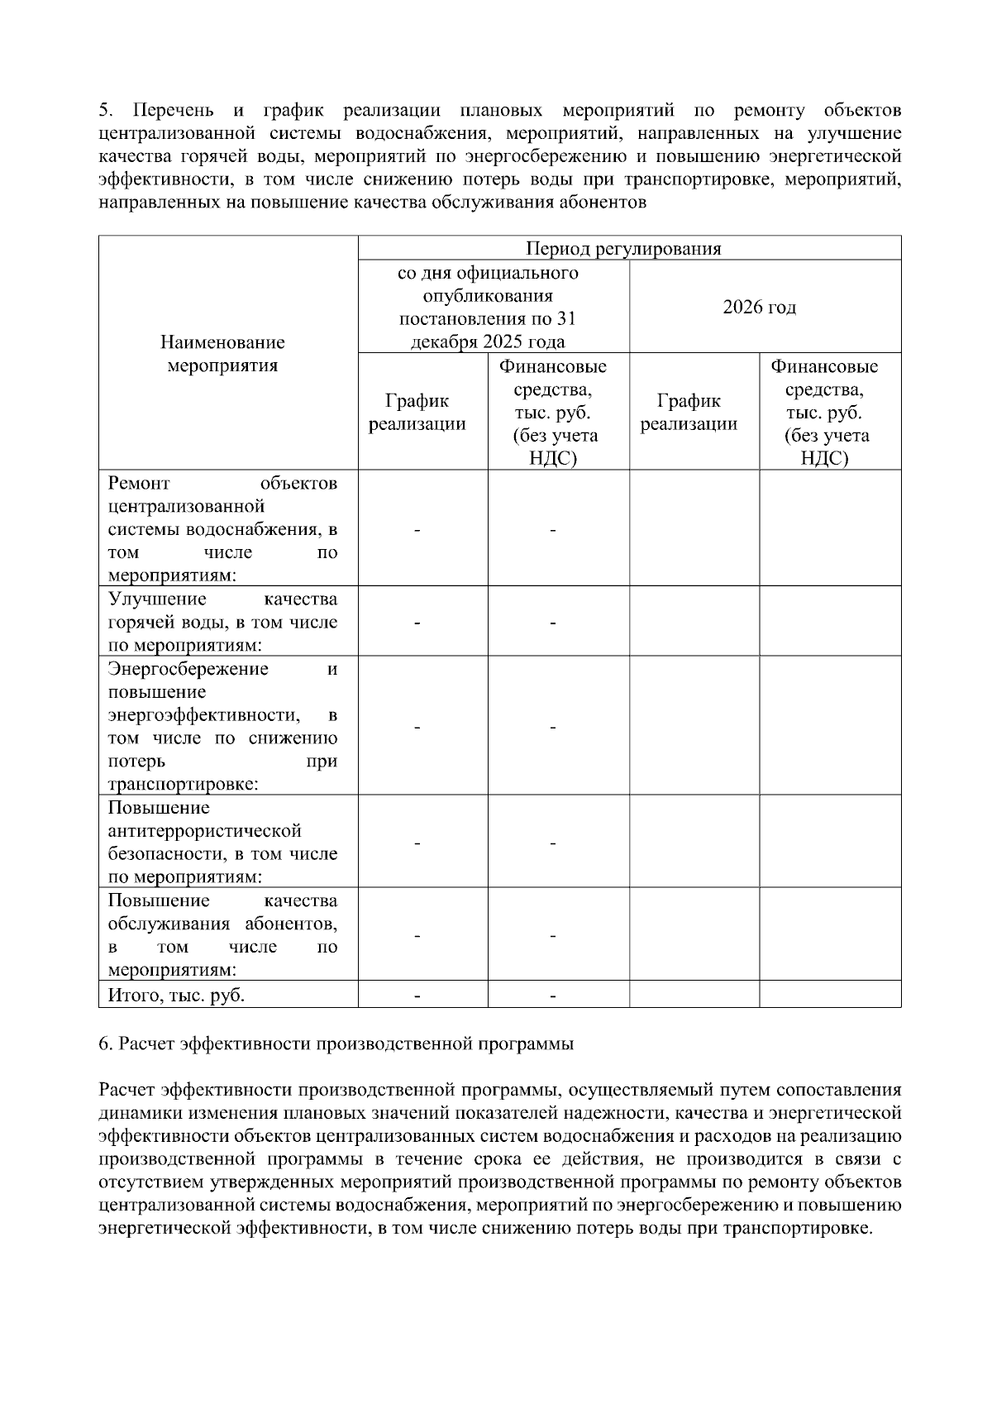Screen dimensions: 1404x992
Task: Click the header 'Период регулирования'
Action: tap(623, 249)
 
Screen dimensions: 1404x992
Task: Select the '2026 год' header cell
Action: tap(759, 307)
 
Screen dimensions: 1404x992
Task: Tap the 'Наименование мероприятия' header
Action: tap(222, 353)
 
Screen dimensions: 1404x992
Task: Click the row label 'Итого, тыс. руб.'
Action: tap(176, 995)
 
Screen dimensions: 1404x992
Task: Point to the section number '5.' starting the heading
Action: tap(105, 111)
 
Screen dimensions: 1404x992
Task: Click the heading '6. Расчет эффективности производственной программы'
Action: tap(336, 1043)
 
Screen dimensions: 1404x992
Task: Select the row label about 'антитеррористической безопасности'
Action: tap(222, 842)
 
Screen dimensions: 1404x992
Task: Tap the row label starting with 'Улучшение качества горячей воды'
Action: tap(222, 622)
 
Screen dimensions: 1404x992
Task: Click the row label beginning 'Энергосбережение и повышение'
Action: tap(222, 726)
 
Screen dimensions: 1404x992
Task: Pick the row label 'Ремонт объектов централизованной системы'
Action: tap(222, 529)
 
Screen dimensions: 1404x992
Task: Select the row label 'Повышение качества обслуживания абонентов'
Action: tap(222, 934)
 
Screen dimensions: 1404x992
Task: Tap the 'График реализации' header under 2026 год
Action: tap(689, 412)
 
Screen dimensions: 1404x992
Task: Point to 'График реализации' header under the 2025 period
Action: tap(417, 412)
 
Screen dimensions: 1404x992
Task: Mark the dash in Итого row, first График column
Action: tap(417, 996)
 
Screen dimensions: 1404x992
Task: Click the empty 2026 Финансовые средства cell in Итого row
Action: tap(829, 995)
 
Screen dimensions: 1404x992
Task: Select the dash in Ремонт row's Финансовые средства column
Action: tap(552, 530)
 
